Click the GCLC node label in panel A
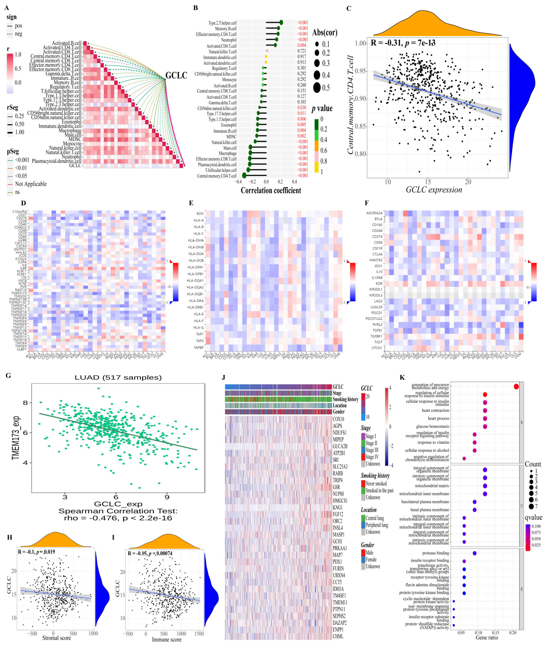point(176,75)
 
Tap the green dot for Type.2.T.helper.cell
point(281,22)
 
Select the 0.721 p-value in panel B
point(301,51)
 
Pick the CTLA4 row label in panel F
point(377,254)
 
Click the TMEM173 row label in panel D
point(19,293)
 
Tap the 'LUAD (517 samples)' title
point(118,377)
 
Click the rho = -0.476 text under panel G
point(118,518)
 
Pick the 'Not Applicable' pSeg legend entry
point(31,184)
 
